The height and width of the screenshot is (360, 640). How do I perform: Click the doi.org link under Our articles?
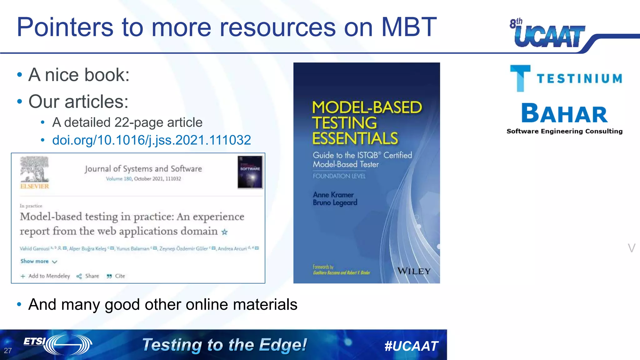tap(152, 140)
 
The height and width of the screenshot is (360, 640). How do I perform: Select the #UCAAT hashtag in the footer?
tap(411, 346)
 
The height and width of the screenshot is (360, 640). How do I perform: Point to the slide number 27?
tap(8, 351)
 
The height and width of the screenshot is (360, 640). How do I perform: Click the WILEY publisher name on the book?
tap(414, 271)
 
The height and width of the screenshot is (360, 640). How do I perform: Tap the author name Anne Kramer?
tap(333, 195)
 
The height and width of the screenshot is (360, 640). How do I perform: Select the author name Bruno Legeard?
tap(335, 203)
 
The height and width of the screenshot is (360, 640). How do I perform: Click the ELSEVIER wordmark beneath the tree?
tap(35, 186)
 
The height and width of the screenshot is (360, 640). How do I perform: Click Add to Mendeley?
tap(46, 276)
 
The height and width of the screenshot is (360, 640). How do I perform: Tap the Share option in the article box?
tap(88, 276)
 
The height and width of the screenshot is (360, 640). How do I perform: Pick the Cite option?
tap(116, 276)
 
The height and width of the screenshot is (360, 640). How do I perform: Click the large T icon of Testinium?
tap(520, 78)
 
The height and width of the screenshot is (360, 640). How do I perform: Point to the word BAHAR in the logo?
tap(564, 113)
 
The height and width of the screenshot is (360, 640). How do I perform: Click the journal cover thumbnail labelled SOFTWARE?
tap(250, 172)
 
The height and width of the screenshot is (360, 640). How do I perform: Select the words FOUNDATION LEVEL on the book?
tap(339, 176)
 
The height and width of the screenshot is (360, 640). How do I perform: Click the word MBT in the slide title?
tap(409, 27)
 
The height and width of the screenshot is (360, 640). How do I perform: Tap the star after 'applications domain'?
tap(224, 232)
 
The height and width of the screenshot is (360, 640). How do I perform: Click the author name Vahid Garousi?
tap(34, 249)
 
